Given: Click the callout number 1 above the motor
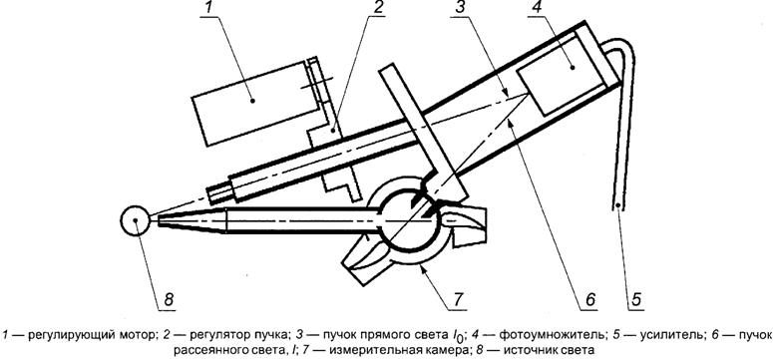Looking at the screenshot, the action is point(210,8).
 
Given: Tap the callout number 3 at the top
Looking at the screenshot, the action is point(460,8).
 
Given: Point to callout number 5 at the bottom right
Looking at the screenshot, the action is point(636,299).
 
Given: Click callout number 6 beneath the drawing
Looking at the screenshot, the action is point(590,299).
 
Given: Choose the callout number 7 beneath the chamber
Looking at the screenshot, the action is point(457,299).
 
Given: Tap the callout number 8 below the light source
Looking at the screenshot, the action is point(169,299).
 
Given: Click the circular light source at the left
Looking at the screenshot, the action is point(135,220).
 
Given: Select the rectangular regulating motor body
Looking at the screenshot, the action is point(254,104).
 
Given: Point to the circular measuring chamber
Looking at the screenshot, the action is point(408,220).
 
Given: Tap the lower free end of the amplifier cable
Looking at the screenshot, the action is point(617,205).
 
